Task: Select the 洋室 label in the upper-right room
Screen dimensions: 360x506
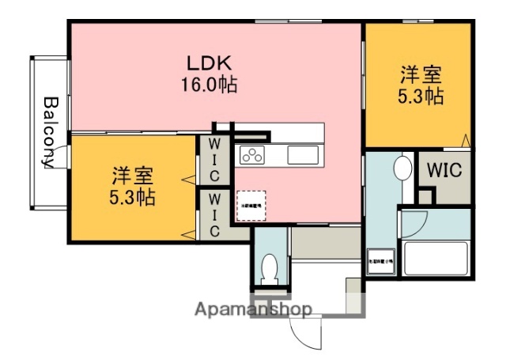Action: (x=421, y=76)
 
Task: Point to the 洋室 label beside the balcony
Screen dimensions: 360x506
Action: (x=131, y=174)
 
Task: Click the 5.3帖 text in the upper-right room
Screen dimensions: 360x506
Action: (x=421, y=97)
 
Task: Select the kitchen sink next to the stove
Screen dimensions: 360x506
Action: (x=301, y=154)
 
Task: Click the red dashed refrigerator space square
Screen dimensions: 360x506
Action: (x=252, y=205)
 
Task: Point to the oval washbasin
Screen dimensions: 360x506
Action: (x=402, y=169)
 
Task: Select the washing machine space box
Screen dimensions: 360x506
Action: (x=379, y=261)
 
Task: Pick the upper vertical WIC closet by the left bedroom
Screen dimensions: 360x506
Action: (x=213, y=161)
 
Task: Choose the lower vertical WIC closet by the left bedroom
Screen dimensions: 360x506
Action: (x=213, y=214)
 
